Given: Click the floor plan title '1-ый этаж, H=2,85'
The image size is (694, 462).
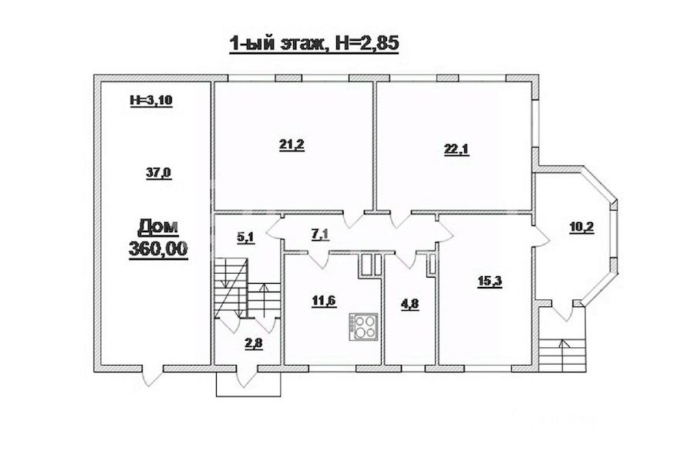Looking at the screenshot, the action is pos(314,44).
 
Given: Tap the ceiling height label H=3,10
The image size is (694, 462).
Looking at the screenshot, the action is pos(150,101).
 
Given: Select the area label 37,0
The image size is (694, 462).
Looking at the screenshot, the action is pos(158,173).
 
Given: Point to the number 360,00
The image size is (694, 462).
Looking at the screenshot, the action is pos(158,249).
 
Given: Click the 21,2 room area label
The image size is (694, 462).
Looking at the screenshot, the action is pos(292,145).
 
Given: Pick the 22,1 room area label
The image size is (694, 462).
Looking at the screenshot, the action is pos(456,149).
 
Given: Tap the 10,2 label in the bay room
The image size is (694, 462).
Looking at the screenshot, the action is pos(581,228).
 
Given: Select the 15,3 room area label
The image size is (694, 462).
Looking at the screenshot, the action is pos(490,282).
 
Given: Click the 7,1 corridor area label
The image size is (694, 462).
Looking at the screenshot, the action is pos(322,234).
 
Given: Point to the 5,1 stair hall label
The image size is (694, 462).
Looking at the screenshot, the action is pos(247,238).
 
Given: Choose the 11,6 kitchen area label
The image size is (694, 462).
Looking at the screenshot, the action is pos(324,302).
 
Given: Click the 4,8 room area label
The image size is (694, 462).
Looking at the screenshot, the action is pos(410,305).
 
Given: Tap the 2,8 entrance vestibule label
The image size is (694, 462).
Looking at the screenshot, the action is pos(254,343).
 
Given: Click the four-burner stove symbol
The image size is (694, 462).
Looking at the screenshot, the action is pos(363,327).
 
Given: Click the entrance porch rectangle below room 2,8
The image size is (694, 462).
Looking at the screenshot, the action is pos(248,383).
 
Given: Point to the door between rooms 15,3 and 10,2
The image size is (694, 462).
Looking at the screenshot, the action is pos(541,238).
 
